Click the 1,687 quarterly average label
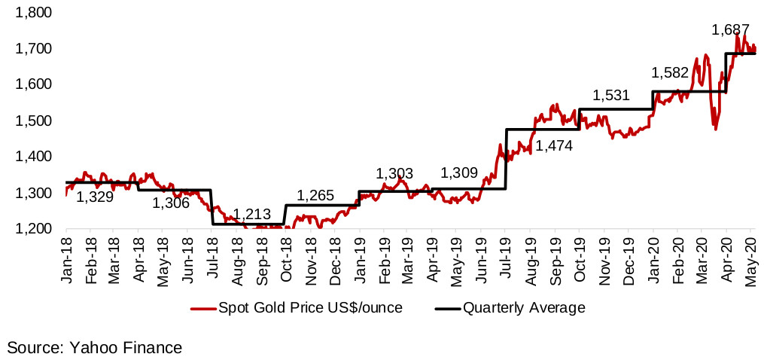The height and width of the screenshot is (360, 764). coord(730,31)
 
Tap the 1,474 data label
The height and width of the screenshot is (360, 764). coord(554,145)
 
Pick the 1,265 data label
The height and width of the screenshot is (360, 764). coord(316,196)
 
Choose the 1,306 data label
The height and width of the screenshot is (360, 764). coord(172,203)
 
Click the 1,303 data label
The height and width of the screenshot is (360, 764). coord(395,174)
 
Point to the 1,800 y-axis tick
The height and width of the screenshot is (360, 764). coord(34,13)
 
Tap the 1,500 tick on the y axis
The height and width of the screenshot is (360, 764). coord(34,121)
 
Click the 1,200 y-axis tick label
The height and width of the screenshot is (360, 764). coord(34,229)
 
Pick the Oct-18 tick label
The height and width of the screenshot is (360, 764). coord(286,261)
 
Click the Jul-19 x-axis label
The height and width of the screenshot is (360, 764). coord(506,261)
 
